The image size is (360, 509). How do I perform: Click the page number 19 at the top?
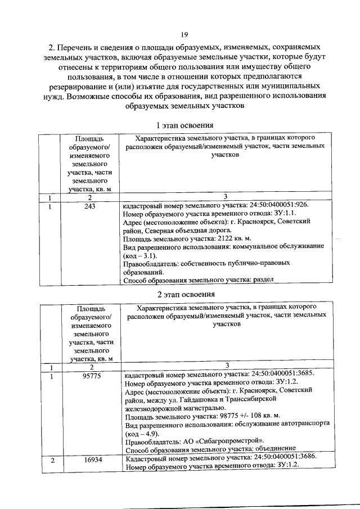184,35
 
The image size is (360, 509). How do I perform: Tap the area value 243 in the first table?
89,206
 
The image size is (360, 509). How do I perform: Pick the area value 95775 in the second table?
89,376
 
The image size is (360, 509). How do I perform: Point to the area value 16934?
89,460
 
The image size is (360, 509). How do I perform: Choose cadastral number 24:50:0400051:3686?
279,460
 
